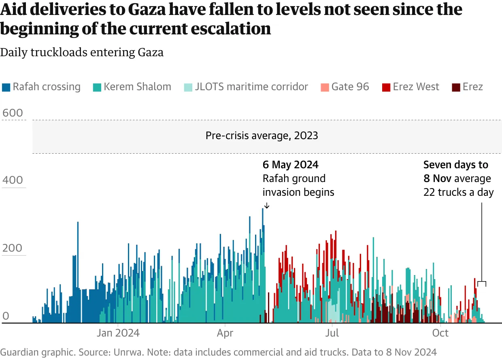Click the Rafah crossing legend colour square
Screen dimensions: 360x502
(x=6, y=87)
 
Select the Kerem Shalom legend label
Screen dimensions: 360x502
(x=137, y=87)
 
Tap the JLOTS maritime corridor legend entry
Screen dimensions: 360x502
(x=251, y=87)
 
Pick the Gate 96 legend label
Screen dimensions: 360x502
(x=350, y=87)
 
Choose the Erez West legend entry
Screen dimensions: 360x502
(x=416, y=87)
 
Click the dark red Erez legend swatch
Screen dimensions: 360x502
(x=456, y=87)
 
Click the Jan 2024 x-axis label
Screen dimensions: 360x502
(x=118, y=333)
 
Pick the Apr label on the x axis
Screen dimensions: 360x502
(x=225, y=333)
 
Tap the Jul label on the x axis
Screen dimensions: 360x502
(x=332, y=333)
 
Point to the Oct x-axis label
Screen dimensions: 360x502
(x=440, y=333)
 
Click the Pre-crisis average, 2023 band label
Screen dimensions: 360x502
(x=262, y=136)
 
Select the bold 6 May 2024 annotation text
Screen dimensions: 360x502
(x=290, y=165)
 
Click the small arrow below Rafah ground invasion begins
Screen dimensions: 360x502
(x=266, y=206)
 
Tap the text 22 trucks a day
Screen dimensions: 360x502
(x=458, y=192)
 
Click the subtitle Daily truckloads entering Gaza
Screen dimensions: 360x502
(x=82, y=53)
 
